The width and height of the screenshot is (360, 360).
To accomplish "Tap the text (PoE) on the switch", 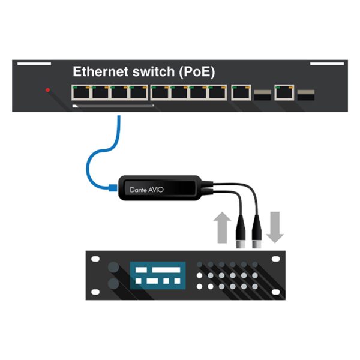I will tap(194, 72).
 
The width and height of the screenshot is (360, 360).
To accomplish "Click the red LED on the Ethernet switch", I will tap(48, 90).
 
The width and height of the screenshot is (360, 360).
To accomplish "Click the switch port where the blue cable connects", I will tap(118, 92).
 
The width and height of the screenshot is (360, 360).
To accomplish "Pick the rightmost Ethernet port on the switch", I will tap(283, 92).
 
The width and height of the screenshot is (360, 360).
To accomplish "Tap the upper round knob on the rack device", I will tap(113, 266).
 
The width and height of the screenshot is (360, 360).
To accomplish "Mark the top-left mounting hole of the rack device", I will tap(95, 259).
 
